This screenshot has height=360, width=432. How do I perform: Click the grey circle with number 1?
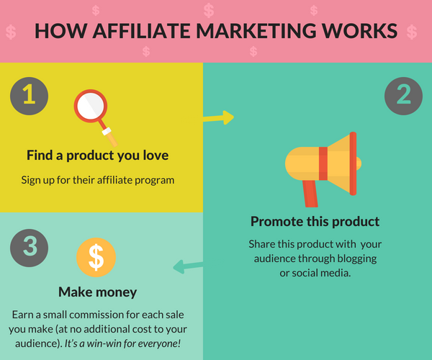30,96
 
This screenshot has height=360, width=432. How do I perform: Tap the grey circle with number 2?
403,96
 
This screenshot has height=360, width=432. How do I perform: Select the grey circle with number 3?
30,248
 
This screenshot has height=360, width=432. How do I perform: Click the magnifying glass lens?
91,106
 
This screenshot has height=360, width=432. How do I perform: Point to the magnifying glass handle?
109,134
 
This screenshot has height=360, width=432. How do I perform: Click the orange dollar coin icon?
96,257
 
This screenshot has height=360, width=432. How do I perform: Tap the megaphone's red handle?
310,194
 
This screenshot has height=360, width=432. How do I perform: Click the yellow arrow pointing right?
218,118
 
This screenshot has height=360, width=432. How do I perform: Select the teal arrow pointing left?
188,266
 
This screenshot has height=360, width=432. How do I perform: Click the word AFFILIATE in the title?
142,30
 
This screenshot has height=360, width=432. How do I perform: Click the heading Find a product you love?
97,156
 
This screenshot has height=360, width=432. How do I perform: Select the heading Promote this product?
315,222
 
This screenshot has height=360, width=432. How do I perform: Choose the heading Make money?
97,292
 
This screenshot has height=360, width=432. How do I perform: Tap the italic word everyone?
159,343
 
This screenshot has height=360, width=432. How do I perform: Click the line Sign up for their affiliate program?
97,181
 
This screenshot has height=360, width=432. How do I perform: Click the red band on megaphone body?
323,163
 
